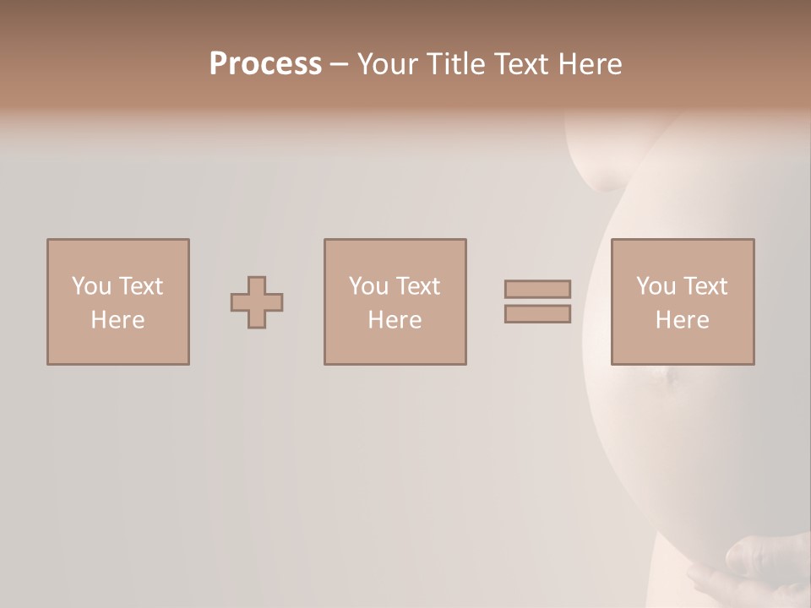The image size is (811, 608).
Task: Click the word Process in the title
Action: click(265, 64)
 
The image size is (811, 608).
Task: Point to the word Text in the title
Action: click(525, 64)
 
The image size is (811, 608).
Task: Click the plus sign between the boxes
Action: click(257, 302)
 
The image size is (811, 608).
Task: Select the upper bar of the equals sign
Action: click(537, 289)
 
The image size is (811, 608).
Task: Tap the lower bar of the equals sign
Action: click(537, 314)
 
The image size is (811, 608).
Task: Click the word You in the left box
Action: click(91, 286)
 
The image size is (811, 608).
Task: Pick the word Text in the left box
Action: click(141, 286)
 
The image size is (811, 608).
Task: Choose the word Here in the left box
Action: click(117, 320)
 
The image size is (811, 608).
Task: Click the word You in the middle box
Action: click(368, 286)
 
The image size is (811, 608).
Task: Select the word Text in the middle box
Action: click(418, 286)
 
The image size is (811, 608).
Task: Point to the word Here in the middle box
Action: click(395, 320)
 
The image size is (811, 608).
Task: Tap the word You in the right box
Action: click(656, 286)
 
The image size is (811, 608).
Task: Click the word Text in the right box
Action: click(705, 286)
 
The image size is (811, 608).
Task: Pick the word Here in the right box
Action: click(682, 320)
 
